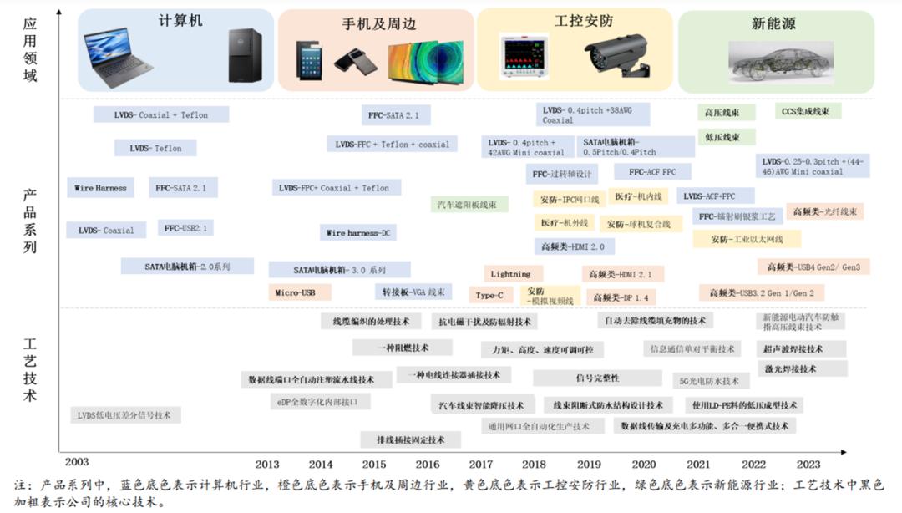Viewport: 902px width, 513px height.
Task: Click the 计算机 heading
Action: [x=180, y=20]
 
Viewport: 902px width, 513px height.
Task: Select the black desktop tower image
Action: [x=245, y=55]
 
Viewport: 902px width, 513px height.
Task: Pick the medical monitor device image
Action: [x=524, y=56]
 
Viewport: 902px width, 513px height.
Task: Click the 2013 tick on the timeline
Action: [x=267, y=465]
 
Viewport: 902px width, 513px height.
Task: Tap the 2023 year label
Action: [x=808, y=465]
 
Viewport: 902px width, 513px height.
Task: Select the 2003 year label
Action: [x=76, y=461]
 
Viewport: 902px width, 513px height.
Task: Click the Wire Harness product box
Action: [x=100, y=188]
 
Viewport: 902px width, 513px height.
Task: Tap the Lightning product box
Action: [x=510, y=274]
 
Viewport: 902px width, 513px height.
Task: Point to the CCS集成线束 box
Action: [x=808, y=111]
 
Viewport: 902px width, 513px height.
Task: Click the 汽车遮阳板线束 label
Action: [x=469, y=204]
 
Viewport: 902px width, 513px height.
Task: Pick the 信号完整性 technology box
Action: [x=597, y=378]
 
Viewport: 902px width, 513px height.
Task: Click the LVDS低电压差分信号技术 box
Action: [x=124, y=414]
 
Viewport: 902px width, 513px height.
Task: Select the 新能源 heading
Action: [x=773, y=24]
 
